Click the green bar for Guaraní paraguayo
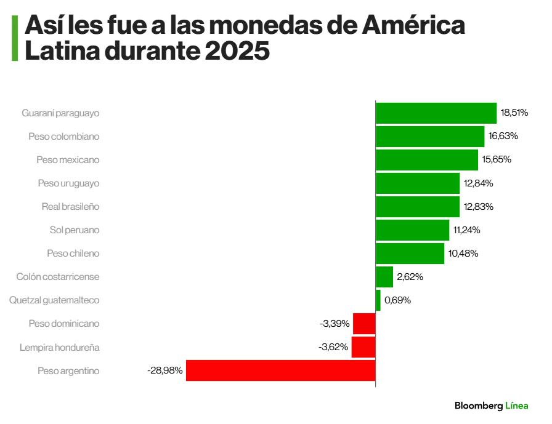click(436, 113)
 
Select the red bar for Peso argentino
click(280, 370)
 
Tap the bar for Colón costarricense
click(384, 277)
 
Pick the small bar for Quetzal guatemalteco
click(378, 300)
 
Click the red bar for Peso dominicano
click(364, 324)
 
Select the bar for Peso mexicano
click(426, 160)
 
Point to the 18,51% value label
click(514, 113)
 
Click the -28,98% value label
click(164, 370)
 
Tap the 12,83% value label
click(479, 207)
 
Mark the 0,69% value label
click(397, 300)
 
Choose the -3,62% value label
click(333, 347)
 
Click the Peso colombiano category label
click(64, 136)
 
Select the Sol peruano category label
click(75, 230)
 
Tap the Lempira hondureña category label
click(59, 347)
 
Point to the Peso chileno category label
click(73, 254)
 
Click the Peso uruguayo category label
click(68, 183)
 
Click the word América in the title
click(413, 26)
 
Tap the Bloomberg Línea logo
click(491, 406)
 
